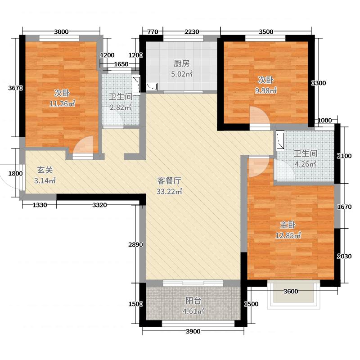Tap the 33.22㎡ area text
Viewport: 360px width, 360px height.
tap(169, 192)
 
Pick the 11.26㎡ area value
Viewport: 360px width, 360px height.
tap(62, 103)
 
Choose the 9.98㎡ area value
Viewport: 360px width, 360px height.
tap(266, 91)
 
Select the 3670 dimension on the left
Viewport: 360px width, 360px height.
tap(15, 88)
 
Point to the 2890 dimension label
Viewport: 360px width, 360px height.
tap(135, 245)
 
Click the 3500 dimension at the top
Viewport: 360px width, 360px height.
tap(266, 31)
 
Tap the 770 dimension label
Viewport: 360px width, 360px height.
tap(153, 31)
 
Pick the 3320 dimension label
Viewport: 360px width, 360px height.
tap(99, 206)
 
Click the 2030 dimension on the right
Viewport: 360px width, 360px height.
tap(344, 256)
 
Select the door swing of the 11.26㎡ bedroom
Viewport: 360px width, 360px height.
tap(84, 145)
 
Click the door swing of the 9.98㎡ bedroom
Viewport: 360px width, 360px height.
tap(259, 117)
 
